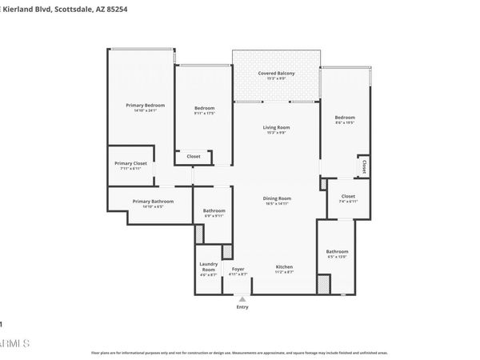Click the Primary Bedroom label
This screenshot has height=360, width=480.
point(145,106)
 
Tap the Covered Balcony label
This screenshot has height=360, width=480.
point(276,74)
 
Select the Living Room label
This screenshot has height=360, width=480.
point(276,127)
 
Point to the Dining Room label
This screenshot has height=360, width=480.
point(277,198)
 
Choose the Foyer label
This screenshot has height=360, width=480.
point(238,269)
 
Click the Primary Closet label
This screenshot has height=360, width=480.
point(130,163)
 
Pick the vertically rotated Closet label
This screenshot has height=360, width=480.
point(363,167)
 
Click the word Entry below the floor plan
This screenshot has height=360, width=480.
point(242,306)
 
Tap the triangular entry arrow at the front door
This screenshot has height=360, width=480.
point(242,298)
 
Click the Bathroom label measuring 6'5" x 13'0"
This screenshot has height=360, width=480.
point(337,251)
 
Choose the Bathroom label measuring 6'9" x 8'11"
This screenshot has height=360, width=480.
point(214,210)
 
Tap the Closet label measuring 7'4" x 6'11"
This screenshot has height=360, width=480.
point(347,196)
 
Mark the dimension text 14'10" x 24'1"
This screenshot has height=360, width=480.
point(145,111)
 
